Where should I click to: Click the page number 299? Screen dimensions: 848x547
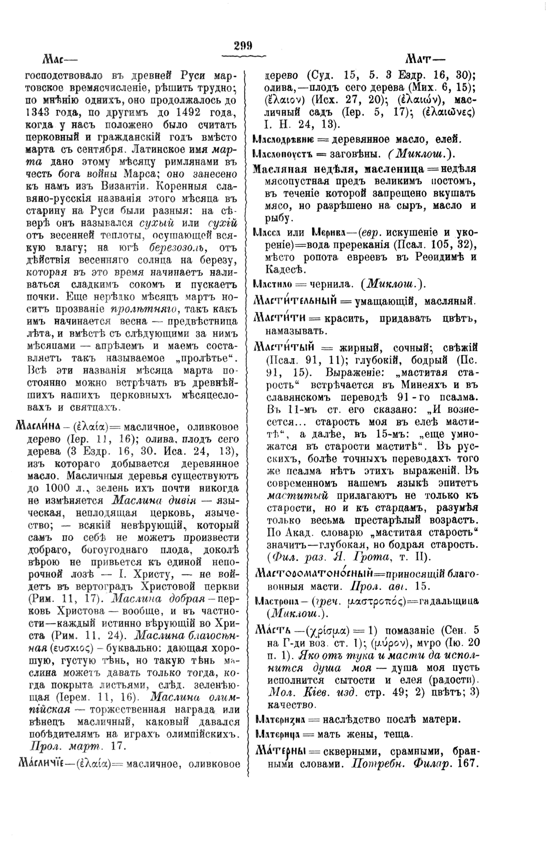[243, 46]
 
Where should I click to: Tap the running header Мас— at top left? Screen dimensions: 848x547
[60, 60]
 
